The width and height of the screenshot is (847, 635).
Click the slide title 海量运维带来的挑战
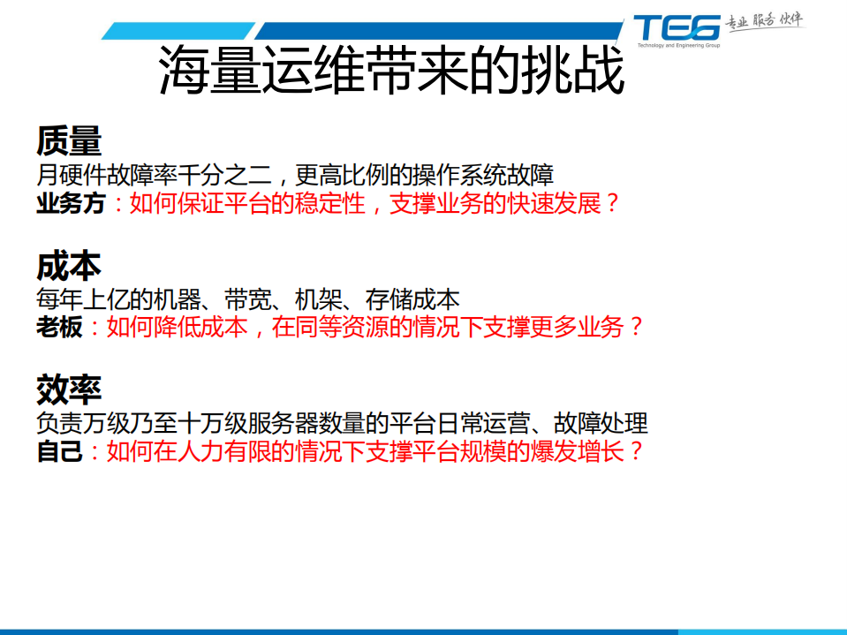(391, 72)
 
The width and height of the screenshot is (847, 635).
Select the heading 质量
(69, 140)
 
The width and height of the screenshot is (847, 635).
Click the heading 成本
(69, 265)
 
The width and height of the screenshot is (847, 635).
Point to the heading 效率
(69, 388)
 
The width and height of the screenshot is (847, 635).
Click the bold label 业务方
(71, 204)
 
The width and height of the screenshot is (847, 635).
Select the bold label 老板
(59, 328)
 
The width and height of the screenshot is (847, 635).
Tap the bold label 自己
(59, 452)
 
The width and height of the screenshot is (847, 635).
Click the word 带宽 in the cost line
(248, 299)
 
